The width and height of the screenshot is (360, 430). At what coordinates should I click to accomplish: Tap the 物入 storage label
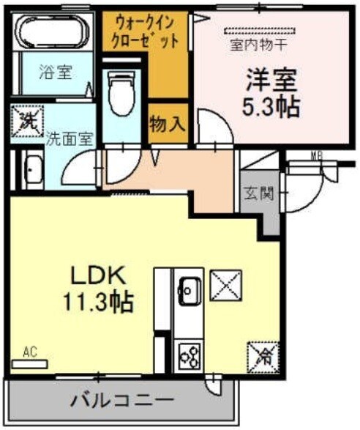coord(167,125)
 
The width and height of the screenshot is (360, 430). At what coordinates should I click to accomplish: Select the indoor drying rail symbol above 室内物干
coord(260,30)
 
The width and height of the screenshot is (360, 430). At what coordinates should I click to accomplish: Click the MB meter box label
coord(316,155)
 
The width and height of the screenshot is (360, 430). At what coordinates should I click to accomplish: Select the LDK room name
coord(99,275)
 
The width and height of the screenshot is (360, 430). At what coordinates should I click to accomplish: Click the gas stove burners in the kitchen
coord(190,356)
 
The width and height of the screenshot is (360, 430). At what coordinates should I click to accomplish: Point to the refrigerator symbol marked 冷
coord(263,357)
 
